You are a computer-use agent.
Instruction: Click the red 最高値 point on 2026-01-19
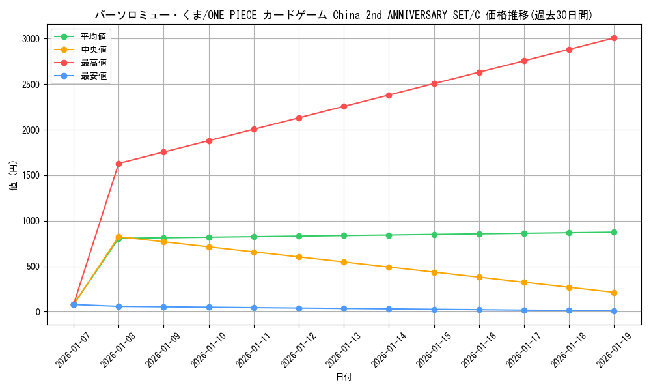click(614, 38)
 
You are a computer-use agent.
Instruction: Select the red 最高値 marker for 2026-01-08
click(118, 164)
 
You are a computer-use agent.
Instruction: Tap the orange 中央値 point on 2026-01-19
click(614, 293)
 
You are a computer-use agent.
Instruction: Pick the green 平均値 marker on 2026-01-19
click(614, 232)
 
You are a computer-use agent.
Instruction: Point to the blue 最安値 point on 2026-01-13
click(344, 308)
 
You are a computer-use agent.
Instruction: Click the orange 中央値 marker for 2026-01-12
click(299, 257)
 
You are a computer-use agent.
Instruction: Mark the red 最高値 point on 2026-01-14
click(389, 95)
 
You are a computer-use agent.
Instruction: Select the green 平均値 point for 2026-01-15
click(434, 235)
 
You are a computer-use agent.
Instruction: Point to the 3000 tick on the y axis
click(31, 39)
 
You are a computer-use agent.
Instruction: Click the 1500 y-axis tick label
click(31, 175)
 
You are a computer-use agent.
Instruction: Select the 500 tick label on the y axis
click(34, 267)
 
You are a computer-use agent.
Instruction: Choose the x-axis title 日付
click(344, 377)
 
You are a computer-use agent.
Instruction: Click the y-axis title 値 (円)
click(14, 175)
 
